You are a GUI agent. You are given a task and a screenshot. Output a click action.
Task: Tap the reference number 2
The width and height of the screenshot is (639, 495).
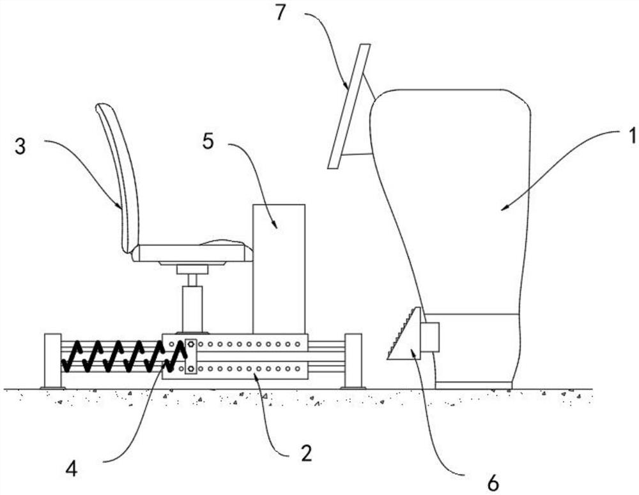pyautogui.click(x=305, y=454)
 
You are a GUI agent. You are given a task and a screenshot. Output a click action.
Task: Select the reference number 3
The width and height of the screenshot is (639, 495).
pyautogui.click(x=20, y=146)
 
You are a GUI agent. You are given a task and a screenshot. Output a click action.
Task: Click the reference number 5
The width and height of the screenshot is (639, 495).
pyautogui.click(x=208, y=141)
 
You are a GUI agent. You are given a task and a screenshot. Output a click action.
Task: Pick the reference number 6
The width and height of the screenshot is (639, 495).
pyautogui.click(x=493, y=484)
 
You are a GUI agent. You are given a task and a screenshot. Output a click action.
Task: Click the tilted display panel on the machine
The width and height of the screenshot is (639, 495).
pyautogui.click(x=348, y=106)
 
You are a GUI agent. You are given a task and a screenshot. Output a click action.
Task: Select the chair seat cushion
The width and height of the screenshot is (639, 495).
pyautogui.click(x=192, y=252)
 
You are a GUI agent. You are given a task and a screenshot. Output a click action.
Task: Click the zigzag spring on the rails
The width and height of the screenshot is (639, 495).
pyautogui.click(x=121, y=356)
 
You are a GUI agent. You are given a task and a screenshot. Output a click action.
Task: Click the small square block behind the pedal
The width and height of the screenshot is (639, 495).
pyautogui.click(x=430, y=337)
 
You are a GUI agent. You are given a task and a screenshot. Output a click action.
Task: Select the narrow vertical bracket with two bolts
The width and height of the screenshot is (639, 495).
pyautogui.click(x=190, y=356)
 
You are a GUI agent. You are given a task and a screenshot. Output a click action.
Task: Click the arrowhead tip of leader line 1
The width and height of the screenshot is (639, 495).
pyautogui.click(x=502, y=208)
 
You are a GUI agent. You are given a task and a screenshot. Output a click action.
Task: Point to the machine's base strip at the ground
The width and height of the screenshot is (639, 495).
pyautogui.click(x=473, y=385)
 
